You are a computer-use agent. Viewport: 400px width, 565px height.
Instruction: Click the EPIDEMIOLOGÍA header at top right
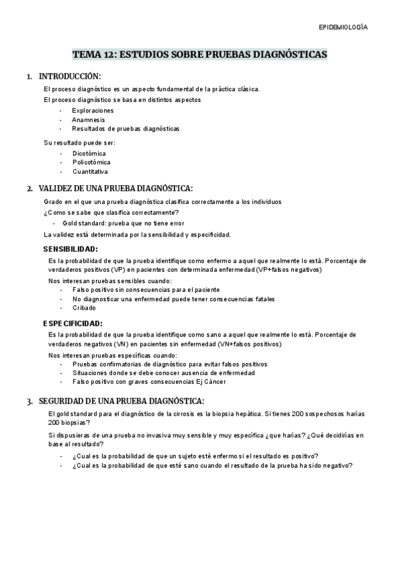343,27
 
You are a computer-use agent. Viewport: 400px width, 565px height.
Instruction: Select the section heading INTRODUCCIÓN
70,77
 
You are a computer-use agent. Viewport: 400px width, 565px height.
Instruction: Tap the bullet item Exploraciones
93,110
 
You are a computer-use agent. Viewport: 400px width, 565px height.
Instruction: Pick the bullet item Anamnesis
88,119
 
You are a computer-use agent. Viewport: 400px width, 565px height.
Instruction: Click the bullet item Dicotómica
89,153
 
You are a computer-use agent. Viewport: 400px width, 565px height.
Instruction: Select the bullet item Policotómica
91,162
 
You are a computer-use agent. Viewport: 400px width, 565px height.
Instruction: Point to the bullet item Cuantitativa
90,171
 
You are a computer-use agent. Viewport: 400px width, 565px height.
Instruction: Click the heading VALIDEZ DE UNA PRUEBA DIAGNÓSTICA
116,189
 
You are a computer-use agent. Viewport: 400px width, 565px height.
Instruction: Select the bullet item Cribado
84,308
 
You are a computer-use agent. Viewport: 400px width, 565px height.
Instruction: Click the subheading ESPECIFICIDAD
73,323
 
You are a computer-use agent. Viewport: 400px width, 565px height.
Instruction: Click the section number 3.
29,401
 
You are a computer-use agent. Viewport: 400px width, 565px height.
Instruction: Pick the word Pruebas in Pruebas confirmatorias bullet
85,364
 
